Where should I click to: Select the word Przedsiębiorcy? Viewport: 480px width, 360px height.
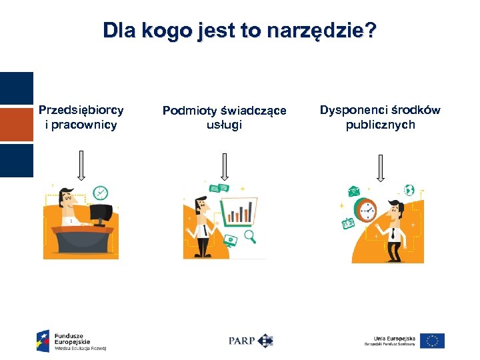(x=81, y=110)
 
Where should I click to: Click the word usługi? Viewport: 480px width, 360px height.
(x=224, y=125)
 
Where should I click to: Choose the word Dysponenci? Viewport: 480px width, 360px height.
(x=353, y=110)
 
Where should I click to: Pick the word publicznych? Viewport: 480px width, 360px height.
(x=380, y=125)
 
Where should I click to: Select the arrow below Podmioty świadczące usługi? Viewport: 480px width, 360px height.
(x=224, y=165)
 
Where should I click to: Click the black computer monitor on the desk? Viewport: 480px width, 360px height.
(x=101, y=215)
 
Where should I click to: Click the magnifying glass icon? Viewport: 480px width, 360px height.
(x=252, y=237)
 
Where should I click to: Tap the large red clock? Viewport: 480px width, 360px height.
(x=367, y=210)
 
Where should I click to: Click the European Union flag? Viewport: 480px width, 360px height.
(x=433, y=341)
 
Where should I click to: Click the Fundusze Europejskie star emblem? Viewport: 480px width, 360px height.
(x=43, y=341)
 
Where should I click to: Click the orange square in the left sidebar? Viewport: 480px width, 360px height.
(x=16, y=125)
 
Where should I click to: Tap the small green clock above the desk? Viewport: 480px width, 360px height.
(x=101, y=192)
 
